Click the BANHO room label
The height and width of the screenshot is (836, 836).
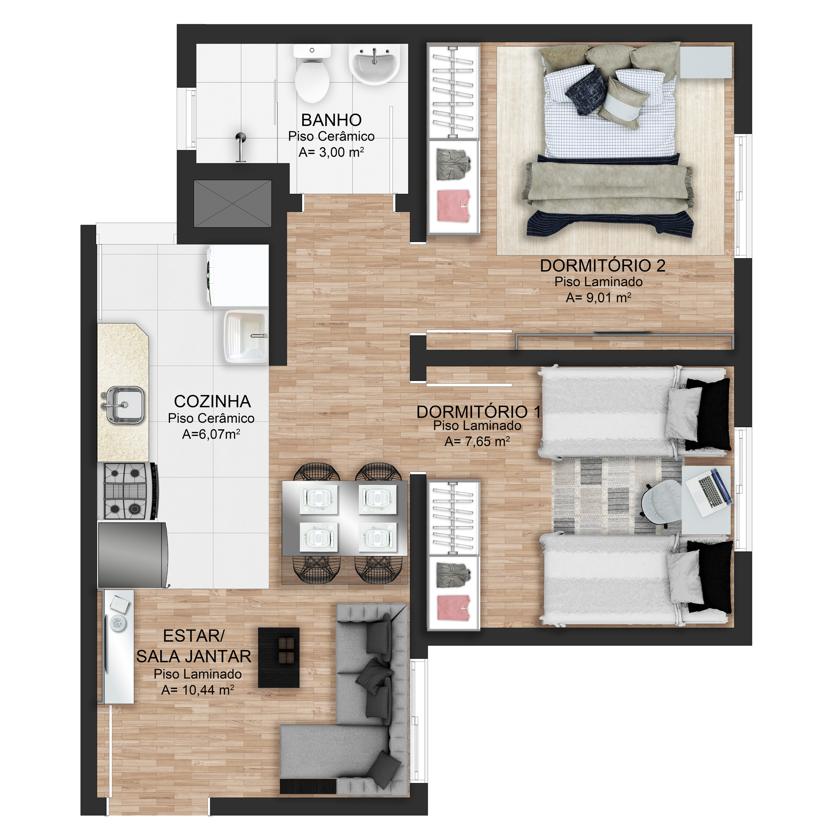coord(331,120)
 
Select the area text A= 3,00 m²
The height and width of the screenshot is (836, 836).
coord(331,152)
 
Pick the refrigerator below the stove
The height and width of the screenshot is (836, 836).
coord(133,555)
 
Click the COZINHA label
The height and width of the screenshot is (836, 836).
coord(212,401)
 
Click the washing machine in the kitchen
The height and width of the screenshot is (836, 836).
coord(237,275)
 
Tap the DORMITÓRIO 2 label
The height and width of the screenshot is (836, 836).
coord(603,266)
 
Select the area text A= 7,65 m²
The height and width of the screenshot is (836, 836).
coord(477,442)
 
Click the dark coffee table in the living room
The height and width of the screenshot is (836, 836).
coord(279,657)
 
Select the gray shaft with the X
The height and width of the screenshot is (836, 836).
coord(233,203)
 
